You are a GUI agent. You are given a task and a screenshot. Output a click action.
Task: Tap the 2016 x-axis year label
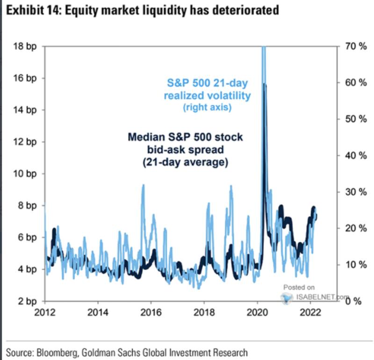click(x=151, y=312)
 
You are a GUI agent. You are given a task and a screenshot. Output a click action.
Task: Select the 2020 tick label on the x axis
click(x=257, y=312)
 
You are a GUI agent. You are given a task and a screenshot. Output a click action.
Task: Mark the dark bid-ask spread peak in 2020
click(x=265, y=85)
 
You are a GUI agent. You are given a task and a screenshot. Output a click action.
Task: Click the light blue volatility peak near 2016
click(x=143, y=185)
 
